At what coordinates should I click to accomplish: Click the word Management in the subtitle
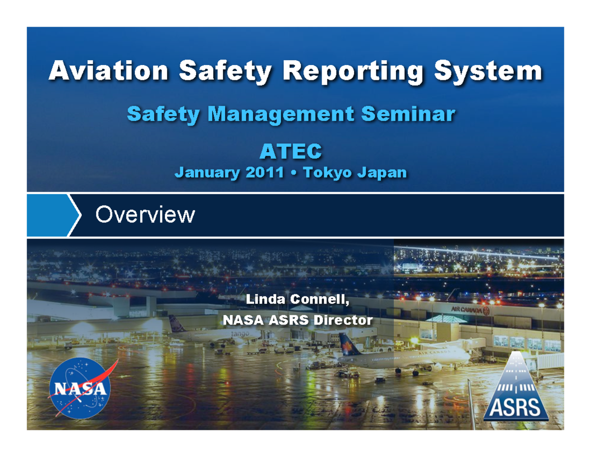coord(279,115)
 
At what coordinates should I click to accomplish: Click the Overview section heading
coord(145,215)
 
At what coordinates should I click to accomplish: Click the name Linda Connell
coord(297,299)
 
